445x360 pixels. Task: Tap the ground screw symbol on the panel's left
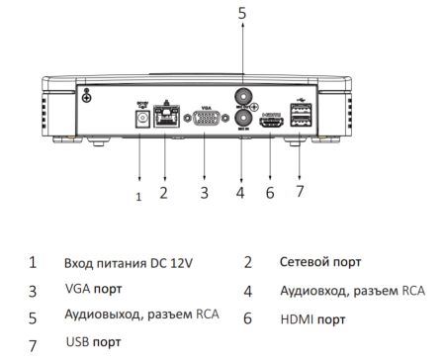[x=87, y=96]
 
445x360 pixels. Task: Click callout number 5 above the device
[x=240, y=13]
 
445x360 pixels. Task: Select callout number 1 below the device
[x=138, y=197]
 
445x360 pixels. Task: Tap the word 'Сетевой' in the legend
[x=306, y=263]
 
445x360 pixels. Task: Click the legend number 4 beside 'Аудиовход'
[x=248, y=292]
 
